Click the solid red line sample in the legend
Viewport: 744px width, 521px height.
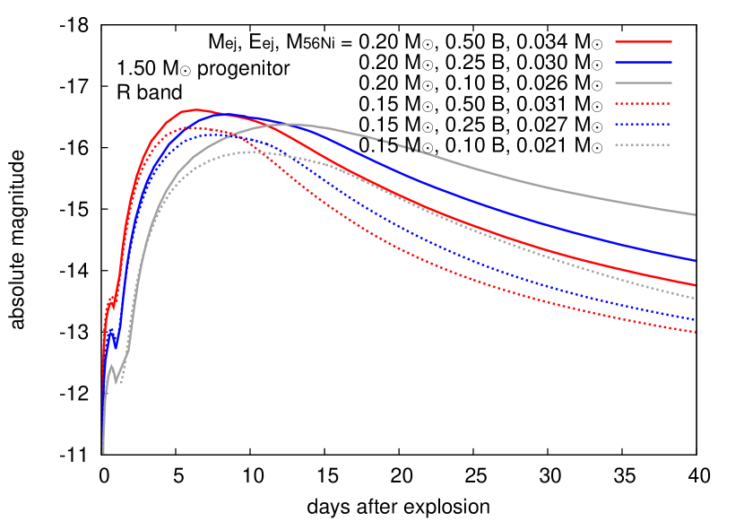pyautogui.click(x=643, y=41)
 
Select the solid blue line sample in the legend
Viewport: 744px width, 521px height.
pyautogui.click(x=643, y=62)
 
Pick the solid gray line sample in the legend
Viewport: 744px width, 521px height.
pyautogui.click(x=643, y=82)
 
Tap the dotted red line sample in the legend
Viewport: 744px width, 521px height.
pyautogui.click(x=643, y=103)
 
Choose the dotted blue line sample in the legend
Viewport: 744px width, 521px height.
pyautogui.click(x=643, y=124)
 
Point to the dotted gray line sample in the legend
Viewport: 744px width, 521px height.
pyautogui.click(x=643, y=144)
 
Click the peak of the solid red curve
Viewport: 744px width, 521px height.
pyautogui.click(x=194, y=109)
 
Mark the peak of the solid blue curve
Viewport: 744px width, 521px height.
pyautogui.click(x=226, y=114)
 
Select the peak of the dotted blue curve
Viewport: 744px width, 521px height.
pyautogui.click(x=212, y=135)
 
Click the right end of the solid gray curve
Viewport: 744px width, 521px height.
pyautogui.click(x=695, y=214)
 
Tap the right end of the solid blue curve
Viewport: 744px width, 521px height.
pyautogui.click(x=695, y=260)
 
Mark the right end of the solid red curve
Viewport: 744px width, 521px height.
pyautogui.click(x=695, y=285)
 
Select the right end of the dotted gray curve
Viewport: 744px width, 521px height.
pyautogui.click(x=695, y=298)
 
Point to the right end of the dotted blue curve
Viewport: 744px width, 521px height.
pyautogui.click(x=695, y=319)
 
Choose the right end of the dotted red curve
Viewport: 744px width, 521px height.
pyautogui.click(x=695, y=332)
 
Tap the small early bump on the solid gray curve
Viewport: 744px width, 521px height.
pyautogui.click(x=110, y=366)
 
